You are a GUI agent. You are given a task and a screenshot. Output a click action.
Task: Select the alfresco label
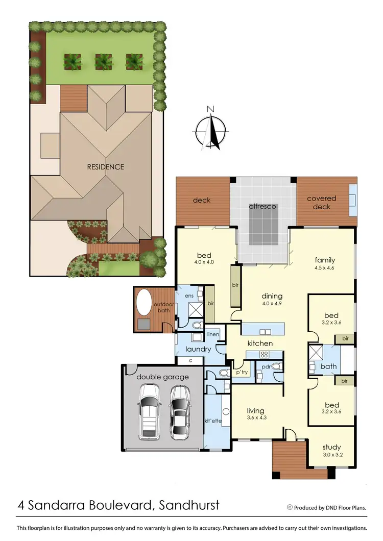(x=262, y=207)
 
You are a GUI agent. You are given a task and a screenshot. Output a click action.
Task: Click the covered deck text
(x=322, y=202)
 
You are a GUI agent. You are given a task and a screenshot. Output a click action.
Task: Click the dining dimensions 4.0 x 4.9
(x=272, y=305)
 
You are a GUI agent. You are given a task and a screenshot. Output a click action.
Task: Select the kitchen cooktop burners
(x=265, y=354)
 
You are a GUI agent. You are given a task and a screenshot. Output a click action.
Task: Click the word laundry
(x=198, y=349)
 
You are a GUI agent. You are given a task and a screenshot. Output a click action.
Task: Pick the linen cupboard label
(x=213, y=334)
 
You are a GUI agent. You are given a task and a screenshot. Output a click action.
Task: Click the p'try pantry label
(x=241, y=373)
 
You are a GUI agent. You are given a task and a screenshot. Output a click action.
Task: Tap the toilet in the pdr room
(x=276, y=366)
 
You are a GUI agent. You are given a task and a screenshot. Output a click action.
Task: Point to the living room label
(x=255, y=410)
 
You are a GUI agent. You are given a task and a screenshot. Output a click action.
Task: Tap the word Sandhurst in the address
(x=189, y=505)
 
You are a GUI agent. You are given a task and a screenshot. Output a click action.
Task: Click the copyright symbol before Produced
(x=290, y=507)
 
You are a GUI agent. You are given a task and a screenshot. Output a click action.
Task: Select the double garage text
(x=162, y=377)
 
